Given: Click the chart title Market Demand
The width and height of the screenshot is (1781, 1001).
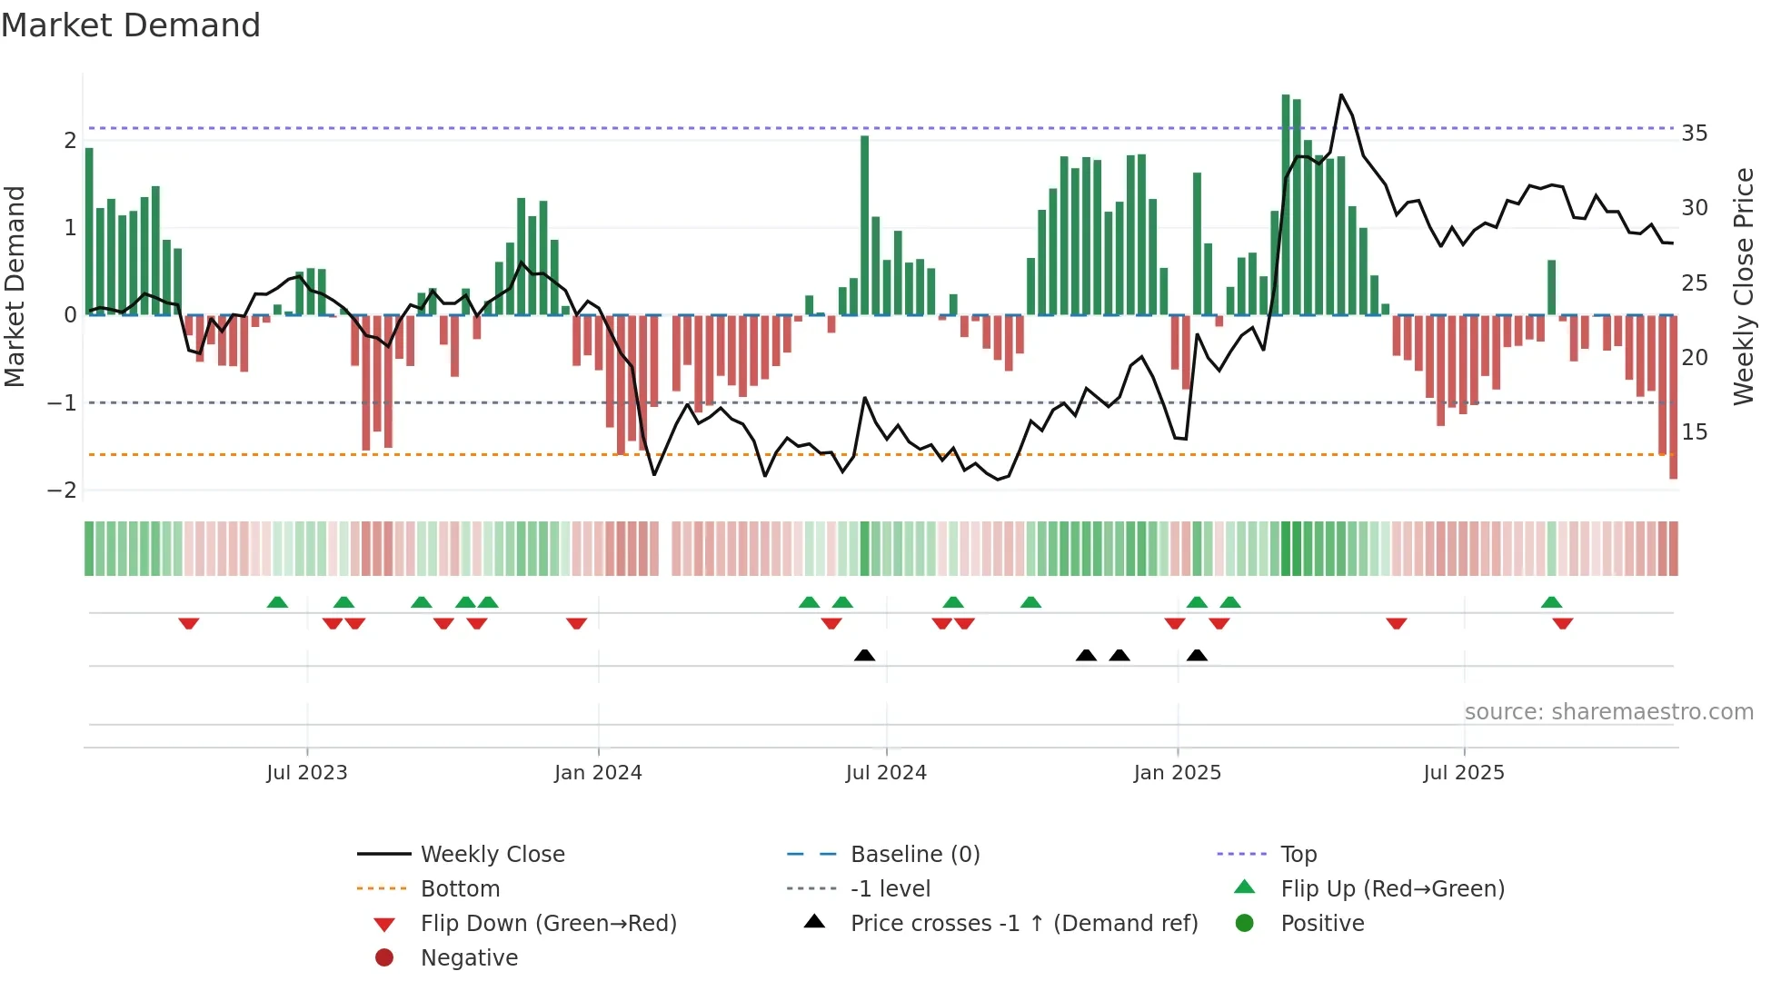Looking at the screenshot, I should pyautogui.click(x=131, y=25).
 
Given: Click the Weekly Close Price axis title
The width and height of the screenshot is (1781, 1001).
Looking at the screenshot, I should pyautogui.click(x=1743, y=286).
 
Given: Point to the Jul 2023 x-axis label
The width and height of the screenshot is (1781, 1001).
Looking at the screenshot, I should pyautogui.click(x=306, y=773).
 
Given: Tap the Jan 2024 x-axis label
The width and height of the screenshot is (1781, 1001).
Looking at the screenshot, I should pyautogui.click(x=598, y=773).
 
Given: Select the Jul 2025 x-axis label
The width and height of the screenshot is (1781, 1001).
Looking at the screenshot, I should pyautogui.click(x=1463, y=773).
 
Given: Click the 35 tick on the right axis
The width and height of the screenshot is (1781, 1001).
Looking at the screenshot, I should pyautogui.click(x=1694, y=134).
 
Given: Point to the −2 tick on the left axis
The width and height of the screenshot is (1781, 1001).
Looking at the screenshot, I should pyautogui.click(x=62, y=491).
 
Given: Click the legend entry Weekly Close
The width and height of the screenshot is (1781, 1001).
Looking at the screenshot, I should pyautogui.click(x=492, y=855).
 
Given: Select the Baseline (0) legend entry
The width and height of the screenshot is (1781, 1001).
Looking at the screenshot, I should pyautogui.click(x=914, y=855).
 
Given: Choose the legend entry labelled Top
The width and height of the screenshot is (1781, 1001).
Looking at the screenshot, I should pyautogui.click(x=1298, y=855).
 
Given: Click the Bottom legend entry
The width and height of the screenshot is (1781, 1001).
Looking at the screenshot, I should pyautogui.click(x=460, y=889).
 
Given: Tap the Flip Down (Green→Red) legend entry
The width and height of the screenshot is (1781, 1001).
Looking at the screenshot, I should pyautogui.click(x=548, y=924).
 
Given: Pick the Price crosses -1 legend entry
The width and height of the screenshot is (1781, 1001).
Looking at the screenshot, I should pyautogui.click(x=1023, y=924).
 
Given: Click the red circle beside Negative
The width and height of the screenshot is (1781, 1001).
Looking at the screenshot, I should pyautogui.click(x=384, y=958).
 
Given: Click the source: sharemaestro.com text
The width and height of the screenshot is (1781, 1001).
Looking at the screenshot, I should pyautogui.click(x=1608, y=712).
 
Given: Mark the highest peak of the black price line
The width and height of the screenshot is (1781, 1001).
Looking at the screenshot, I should pyautogui.click(x=1341, y=94).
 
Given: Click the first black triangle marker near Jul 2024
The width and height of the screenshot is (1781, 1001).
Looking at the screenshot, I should pyautogui.click(x=864, y=656).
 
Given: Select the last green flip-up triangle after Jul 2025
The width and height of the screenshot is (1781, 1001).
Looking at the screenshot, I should pyautogui.click(x=1551, y=602).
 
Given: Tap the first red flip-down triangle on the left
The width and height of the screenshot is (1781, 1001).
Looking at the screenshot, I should pyautogui.click(x=189, y=623).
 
